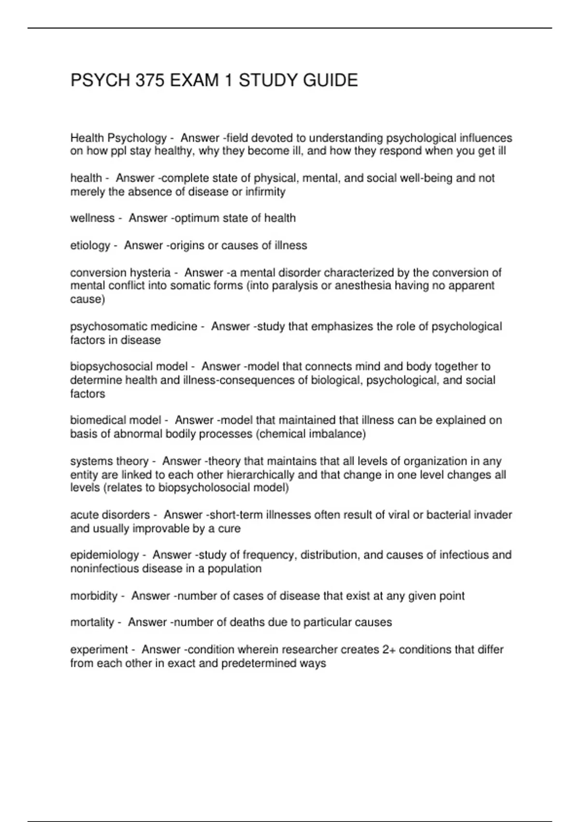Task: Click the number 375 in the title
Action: (150, 80)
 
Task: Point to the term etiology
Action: (90, 246)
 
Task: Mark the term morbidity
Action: (94, 596)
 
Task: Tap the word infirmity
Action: (265, 192)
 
